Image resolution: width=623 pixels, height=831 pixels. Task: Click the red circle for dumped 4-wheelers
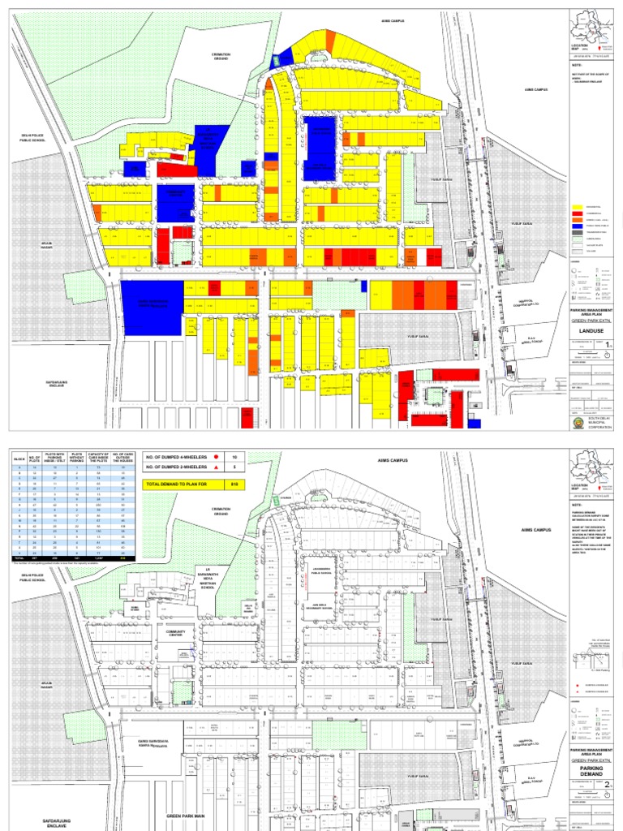coord(218,457)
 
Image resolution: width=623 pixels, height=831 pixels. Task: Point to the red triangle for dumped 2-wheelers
coord(218,467)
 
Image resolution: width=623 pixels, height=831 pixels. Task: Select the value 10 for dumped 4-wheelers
coord(234,457)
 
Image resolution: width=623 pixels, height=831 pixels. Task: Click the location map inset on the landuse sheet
coord(589,30)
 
